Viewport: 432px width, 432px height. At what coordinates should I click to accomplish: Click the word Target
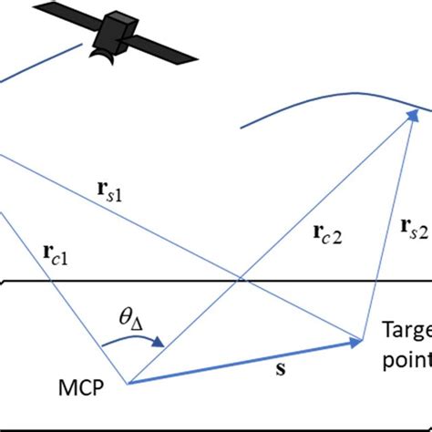(x=406, y=330)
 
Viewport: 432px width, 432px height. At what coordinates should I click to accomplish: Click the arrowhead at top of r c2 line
(x=410, y=124)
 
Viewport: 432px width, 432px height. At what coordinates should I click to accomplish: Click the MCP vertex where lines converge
(x=127, y=383)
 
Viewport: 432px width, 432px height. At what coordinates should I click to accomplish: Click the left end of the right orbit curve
(x=241, y=129)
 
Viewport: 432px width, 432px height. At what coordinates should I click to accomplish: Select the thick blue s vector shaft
(x=237, y=363)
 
